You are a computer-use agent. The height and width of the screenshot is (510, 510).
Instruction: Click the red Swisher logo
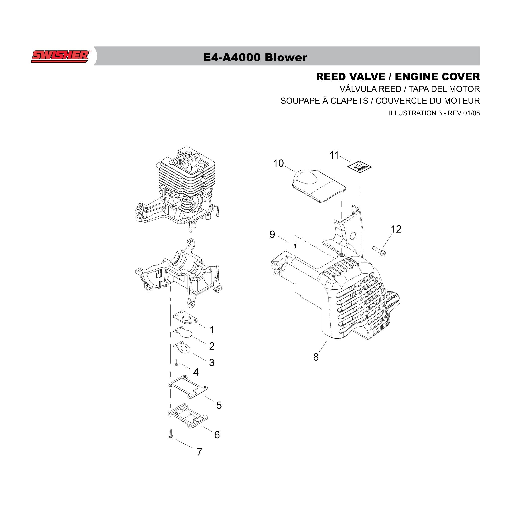coord(60,56)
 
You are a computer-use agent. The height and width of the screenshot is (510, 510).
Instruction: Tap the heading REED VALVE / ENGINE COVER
coord(398,77)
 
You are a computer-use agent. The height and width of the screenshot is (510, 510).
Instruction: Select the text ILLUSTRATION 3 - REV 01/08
coord(434,113)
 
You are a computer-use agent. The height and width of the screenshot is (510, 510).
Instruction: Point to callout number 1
coord(211,330)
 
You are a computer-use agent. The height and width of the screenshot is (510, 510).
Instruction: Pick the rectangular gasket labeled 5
coord(188,387)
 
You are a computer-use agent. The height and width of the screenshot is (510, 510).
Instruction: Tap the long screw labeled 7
coord(171,434)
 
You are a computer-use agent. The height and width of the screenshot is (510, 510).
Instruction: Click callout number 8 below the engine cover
coord(316,357)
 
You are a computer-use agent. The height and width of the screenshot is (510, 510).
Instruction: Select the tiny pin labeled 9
coord(295,246)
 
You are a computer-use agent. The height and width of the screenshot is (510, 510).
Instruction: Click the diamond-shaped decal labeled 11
coord(359,167)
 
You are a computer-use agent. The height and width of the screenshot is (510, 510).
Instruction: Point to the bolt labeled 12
coord(379,251)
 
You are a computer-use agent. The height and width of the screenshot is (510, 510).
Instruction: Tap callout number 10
coord(278,163)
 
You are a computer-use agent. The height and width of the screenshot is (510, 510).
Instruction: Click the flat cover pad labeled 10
coord(319,186)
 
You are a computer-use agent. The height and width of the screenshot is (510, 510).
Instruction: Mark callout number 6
coord(217,435)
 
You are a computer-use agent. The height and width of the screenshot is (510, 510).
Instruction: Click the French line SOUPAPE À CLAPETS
coord(324,101)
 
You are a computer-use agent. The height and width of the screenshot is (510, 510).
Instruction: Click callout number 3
coord(212,362)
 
